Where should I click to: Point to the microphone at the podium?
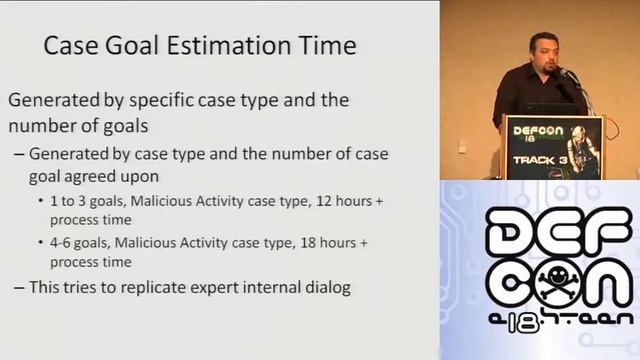[x=566, y=74]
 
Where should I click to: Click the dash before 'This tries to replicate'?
[x=21, y=288]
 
